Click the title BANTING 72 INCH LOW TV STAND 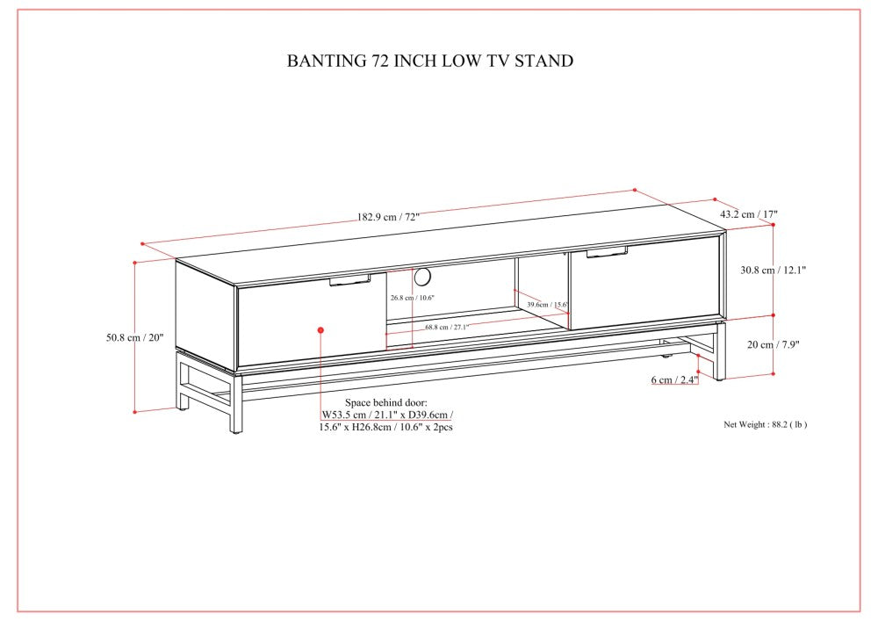point(430,61)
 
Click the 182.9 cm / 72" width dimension point(388,217)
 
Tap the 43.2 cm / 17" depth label point(749,214)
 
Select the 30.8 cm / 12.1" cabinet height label point(774,270)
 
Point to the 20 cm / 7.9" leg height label point(774,344)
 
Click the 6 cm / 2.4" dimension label point(674,379)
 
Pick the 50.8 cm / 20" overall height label point(135,337)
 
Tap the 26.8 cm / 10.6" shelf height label point(412,298)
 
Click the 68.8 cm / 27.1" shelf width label point(446,327)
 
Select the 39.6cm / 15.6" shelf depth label point(548,305)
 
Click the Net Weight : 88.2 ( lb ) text point(766,424)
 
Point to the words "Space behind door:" point(385,402)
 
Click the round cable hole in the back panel point(423,276)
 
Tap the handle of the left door point(350,280)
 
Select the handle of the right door point(607,252)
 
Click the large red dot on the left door point(320,330)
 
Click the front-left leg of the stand point(236,404)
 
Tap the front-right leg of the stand point(720,352)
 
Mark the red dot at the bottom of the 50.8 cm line point(135,412)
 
